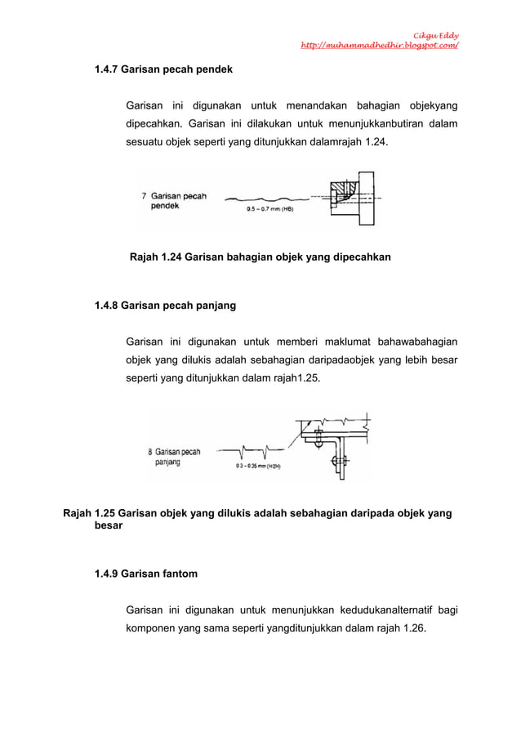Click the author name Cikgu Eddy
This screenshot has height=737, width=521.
[x=435, y=34]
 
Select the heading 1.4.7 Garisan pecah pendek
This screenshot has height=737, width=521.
[x=163, y=70]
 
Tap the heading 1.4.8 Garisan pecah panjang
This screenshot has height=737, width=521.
[x=165, y=306]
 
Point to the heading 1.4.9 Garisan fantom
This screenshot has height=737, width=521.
[x=146, y=574]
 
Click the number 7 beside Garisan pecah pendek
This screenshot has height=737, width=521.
[x=145, y=196]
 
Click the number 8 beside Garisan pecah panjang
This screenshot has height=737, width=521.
[x=150, y=451]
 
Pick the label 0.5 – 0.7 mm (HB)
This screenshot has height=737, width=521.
[x=269, y=209]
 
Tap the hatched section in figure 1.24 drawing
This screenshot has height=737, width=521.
[x=340, y=193]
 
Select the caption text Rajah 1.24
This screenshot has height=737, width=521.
[x=155, y=257]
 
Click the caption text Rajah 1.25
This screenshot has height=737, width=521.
[x=89, y=514]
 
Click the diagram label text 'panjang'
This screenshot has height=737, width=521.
[x=168, y=462]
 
